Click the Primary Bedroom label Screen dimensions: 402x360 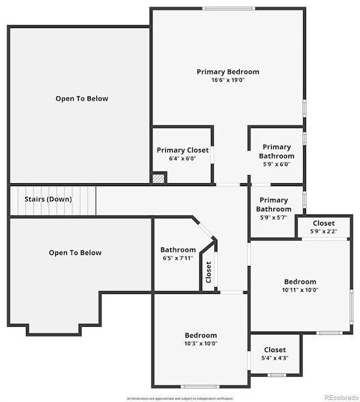[227, 72]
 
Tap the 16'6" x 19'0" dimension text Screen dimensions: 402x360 [227, 80]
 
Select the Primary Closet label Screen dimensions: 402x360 [182, 150]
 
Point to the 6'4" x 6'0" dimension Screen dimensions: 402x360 [182, 159]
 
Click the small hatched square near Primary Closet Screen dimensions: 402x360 [158, 178]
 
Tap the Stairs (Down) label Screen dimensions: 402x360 [48, 199]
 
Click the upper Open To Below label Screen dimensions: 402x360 [81, 98]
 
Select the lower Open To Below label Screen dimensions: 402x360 [75, 253]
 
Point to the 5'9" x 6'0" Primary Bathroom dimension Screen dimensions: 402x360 [277, 164]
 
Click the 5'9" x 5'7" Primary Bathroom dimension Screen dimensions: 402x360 [273, 217]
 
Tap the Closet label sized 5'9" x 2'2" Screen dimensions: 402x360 [324, 224]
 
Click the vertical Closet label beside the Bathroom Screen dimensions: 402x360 [208, 272]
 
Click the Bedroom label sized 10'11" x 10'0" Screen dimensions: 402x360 [301, 282]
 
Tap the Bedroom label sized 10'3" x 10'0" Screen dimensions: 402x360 [201, 335]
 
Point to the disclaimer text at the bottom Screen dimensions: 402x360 [180, 398]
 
